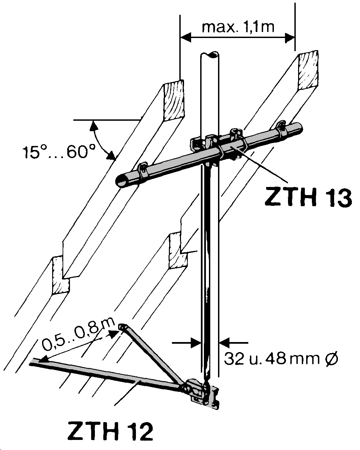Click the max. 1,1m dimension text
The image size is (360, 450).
(x=238, y=27)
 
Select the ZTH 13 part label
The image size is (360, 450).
(x=308, y=197)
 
